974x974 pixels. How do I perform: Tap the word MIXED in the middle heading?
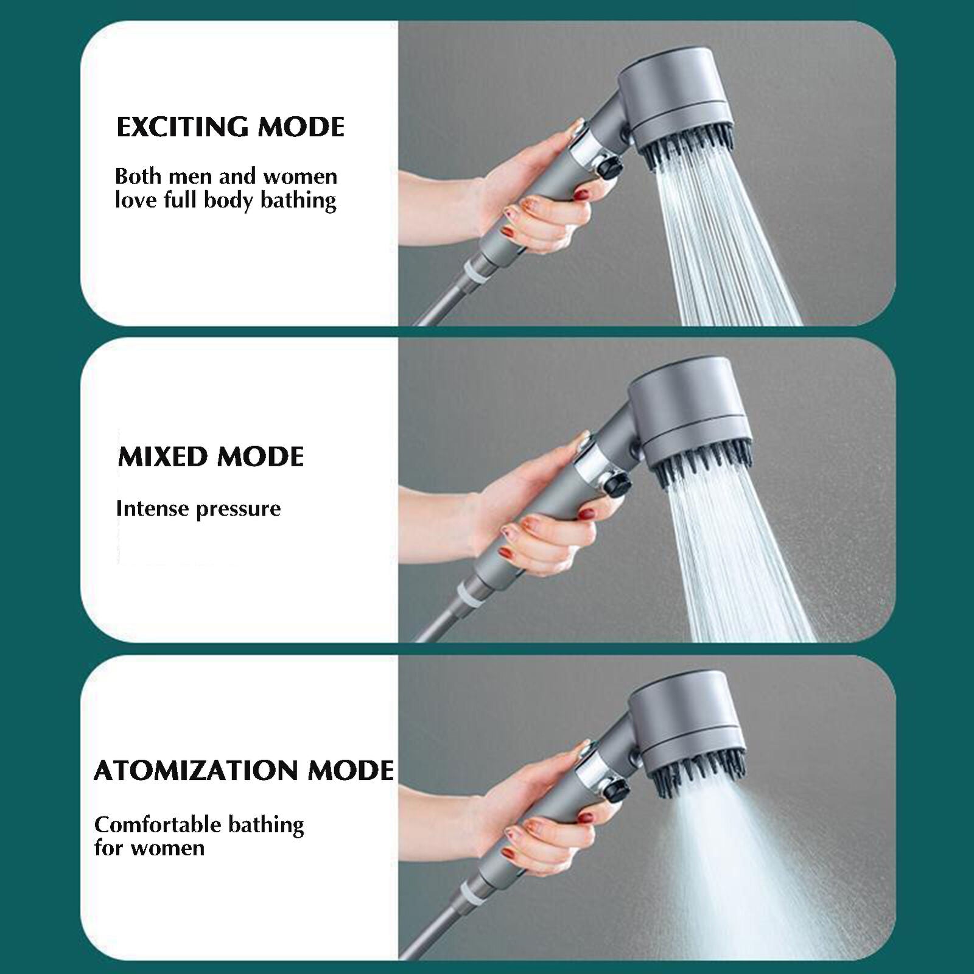[163, 457]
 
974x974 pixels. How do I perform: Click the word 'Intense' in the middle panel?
[152, 508]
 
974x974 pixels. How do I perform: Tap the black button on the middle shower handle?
[617, 485]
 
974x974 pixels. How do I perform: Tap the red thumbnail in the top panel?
[582, 195]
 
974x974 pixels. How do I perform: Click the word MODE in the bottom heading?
[351, 771]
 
